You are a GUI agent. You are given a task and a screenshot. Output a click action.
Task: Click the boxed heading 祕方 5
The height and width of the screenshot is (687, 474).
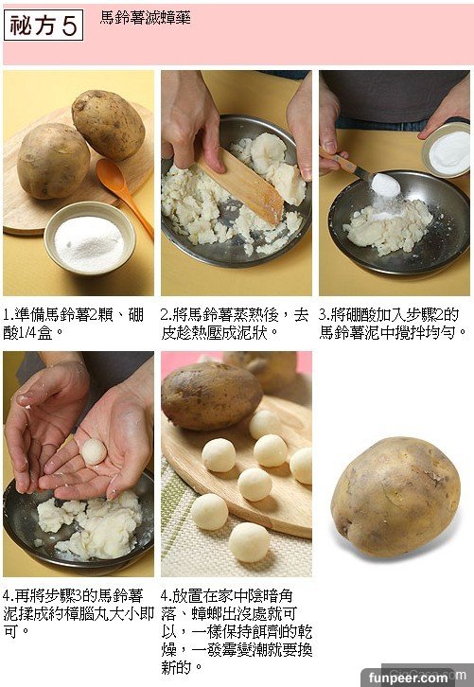tap(44, 25)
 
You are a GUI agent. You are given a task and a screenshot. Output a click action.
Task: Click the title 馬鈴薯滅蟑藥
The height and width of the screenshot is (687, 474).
tap(145, 18)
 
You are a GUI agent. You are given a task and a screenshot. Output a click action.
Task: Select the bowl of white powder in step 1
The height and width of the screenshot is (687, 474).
tap(90, 237)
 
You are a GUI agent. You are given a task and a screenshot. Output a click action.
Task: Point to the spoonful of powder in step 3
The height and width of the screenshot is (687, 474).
tap(385, 185)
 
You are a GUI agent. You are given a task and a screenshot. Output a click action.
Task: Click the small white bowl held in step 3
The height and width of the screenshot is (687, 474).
tap(447, 150)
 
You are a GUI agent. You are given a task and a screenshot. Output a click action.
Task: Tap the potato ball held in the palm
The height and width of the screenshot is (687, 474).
tap(95, 451)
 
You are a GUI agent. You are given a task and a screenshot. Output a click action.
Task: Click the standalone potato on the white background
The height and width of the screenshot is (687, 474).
tap(395, 497)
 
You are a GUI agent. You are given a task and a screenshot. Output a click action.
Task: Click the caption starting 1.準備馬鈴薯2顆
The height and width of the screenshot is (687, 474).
tap(74, 324)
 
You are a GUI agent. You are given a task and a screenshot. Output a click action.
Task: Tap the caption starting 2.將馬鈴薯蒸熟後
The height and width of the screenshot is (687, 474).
tap(235, 324)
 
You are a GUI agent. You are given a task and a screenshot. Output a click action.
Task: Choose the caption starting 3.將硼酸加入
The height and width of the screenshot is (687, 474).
tap(393, 324)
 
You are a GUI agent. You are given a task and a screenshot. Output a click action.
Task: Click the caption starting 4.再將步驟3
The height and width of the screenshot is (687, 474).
tap(78, 613)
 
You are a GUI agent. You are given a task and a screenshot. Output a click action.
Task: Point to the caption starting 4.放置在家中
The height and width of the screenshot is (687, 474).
tap(237, 631)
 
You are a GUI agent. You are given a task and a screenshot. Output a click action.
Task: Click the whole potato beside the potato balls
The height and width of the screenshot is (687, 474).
tap(211, 396)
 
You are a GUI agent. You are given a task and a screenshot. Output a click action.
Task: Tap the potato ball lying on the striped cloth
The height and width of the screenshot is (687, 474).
tap(249, 542)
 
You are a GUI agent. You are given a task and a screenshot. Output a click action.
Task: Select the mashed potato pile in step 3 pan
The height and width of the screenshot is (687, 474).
tap(389, 225)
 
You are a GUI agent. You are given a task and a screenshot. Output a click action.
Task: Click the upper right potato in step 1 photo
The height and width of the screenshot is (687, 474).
tap(108, 125)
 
